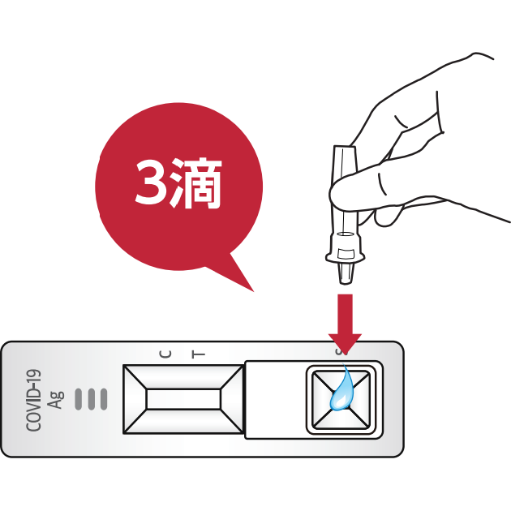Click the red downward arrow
pos(345,320)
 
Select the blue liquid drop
pos(341,393)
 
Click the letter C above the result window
pos(166,354)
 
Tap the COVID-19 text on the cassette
pos(34,400)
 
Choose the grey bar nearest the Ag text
pos(79,399)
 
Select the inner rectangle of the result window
pos(183,399)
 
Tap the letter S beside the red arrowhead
pos(340,351)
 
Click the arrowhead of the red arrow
pos(345,341)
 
